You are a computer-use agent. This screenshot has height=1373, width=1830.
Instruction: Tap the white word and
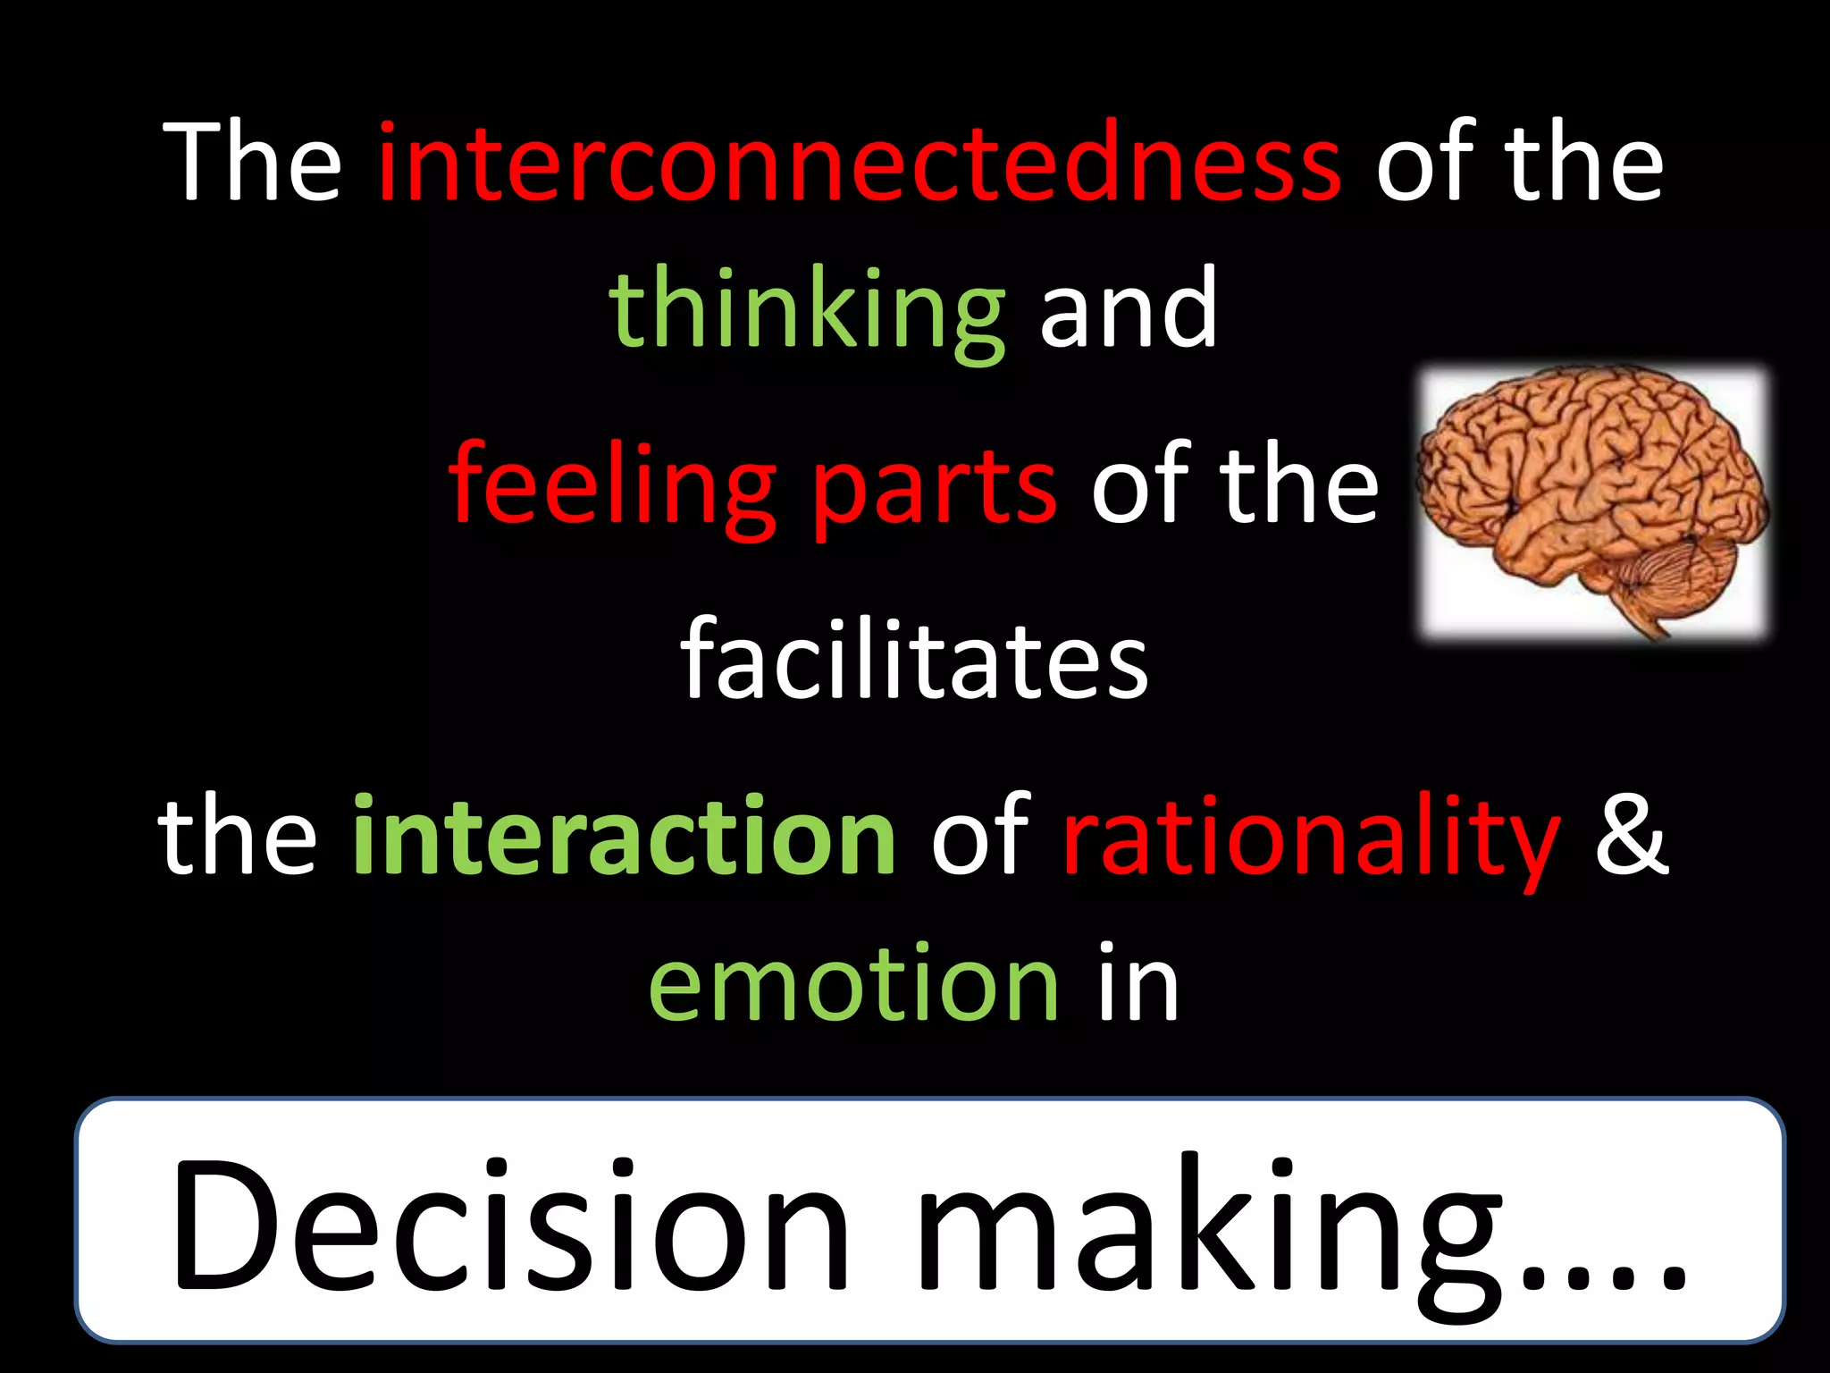click(1129, 308)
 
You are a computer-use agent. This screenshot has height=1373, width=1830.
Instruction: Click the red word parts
click(935, 490)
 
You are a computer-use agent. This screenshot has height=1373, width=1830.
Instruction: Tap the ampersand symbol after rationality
click(1632, 835)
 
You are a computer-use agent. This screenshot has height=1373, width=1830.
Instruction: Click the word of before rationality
click(980, 835)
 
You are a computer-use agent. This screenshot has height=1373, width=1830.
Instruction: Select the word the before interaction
click(238, 835)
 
